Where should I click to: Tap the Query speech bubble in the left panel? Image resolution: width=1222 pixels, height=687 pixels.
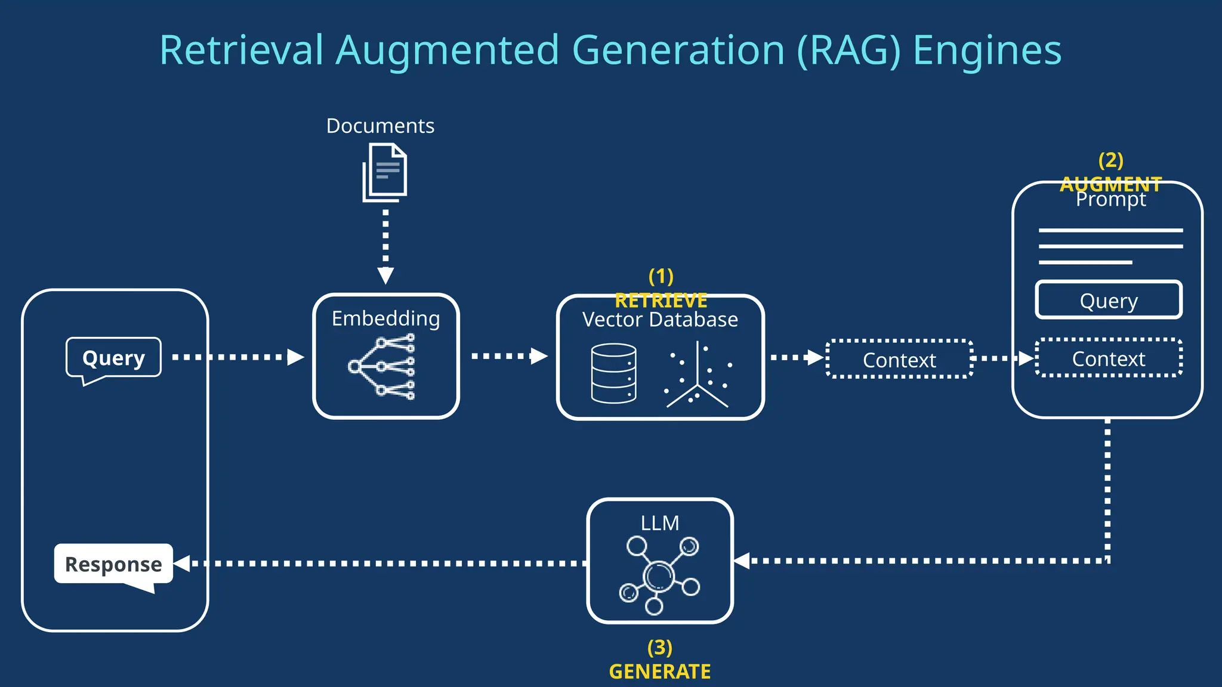(x=113, y=358)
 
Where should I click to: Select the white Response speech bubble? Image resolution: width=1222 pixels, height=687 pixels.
(x=113, y=564)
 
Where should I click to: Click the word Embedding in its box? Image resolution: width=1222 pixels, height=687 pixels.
(x=385, y=318)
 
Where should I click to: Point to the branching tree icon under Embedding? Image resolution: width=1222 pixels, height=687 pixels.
(x=382, y=366)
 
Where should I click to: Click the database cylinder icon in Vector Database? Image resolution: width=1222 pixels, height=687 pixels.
(x=613, y=374)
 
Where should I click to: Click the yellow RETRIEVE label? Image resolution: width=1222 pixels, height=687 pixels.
(x=661, y=300)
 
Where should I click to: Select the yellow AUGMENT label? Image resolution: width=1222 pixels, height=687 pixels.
(x=1110, y=184)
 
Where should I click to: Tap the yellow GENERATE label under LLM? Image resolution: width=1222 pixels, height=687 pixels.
(x=659, y=671)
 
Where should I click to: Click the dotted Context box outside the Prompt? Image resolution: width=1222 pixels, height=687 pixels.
(x=899, y=360)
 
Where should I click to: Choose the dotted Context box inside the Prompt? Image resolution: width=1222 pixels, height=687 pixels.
(x=1109, y=358)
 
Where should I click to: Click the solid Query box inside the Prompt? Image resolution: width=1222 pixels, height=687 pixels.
(x=1109, y=301)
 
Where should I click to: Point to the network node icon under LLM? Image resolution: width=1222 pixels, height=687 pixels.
(x=659, y=575)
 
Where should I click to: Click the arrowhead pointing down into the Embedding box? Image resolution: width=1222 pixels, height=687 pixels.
(x=385, y=276)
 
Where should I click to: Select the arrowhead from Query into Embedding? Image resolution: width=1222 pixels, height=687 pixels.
(x=295, y=357)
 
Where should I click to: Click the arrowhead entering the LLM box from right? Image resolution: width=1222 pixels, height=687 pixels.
(x=742, y=561)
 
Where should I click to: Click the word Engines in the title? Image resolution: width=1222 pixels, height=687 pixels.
(x=987, y=50)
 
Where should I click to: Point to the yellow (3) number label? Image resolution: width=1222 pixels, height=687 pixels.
(x=659, y=647)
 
